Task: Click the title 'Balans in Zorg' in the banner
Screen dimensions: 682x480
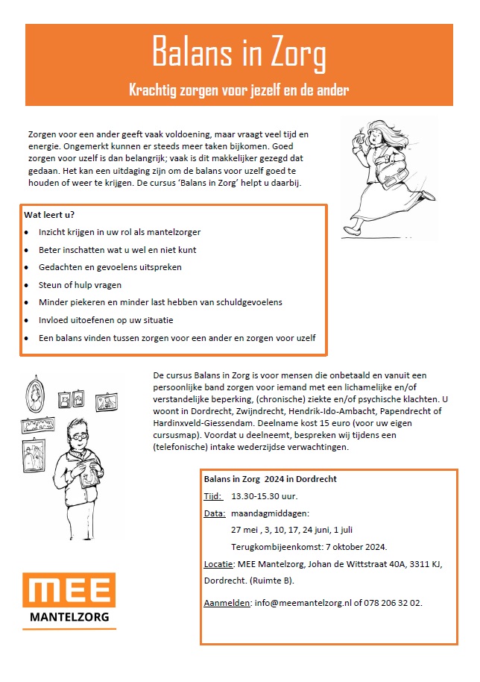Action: tap(239, 54)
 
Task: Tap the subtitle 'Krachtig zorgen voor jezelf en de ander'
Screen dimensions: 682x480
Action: tap(239, 90)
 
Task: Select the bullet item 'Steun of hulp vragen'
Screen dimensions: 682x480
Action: tap(80, 284)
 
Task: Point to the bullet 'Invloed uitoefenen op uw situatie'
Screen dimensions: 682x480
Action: tap(106, 320)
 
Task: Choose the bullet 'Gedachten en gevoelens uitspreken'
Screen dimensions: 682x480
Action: tap(110, 266)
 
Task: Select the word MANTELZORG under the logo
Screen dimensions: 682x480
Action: tap(69, 617)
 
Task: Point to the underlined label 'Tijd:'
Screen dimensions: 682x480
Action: tap(213, 496)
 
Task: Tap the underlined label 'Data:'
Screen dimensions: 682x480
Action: tap(215, 513)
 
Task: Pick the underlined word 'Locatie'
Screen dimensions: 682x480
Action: tap(218, 563)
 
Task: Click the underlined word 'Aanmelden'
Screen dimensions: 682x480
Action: tap(227, 602)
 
